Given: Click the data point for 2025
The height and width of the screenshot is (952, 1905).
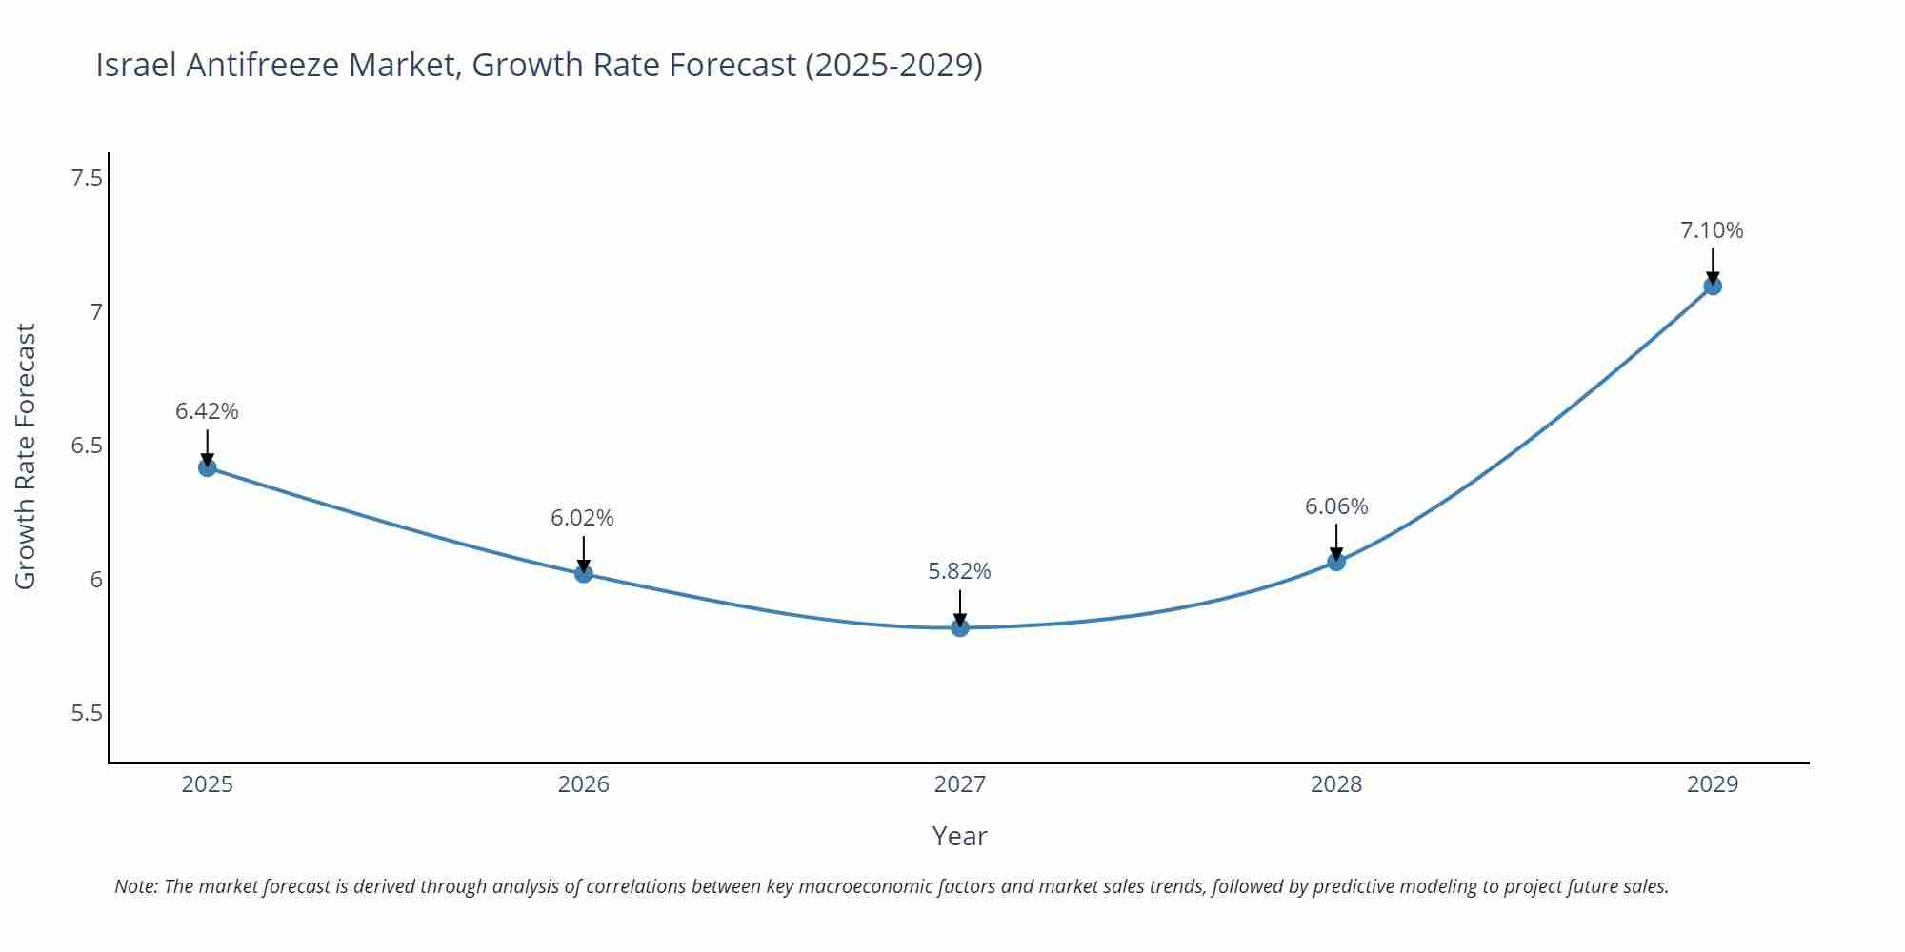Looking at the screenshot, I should pos(208,467).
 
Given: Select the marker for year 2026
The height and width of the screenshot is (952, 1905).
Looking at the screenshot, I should pos(584,573).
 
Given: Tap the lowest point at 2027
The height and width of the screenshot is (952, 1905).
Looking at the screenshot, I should pos(960,627).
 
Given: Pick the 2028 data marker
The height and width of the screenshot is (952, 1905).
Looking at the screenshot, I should pos(1336,562).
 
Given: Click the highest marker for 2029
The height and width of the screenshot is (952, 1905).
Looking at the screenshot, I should pos(1713,286).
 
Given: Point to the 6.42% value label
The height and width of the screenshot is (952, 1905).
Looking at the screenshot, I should pos(207,411).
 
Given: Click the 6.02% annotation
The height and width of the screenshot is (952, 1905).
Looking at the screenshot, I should pos(582,518).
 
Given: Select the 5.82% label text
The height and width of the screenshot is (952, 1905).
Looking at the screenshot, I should pos(959,571).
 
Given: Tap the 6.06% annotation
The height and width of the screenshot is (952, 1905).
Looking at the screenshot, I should pos(1336,506).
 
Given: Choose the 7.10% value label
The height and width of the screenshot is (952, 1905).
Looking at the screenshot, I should pos(1712,230).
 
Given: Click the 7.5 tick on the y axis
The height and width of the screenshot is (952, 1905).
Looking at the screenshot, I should pos(87,178).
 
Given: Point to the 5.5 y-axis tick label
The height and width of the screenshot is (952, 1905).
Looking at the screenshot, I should pos(87,713).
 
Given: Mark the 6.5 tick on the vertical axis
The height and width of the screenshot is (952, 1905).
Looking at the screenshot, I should pos(87,446).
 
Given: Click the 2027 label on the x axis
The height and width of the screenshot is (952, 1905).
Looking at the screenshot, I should pos(960,784).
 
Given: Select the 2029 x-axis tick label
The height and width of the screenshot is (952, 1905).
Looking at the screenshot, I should pos(1713,784).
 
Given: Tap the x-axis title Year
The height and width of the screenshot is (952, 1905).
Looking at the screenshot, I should pos(959,836).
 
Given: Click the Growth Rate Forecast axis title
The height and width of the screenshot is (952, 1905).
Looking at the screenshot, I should pos(26,456).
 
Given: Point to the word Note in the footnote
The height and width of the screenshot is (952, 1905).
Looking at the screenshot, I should pos(135,886).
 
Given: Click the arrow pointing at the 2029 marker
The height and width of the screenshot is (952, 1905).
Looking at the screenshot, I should pos(1713,264).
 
